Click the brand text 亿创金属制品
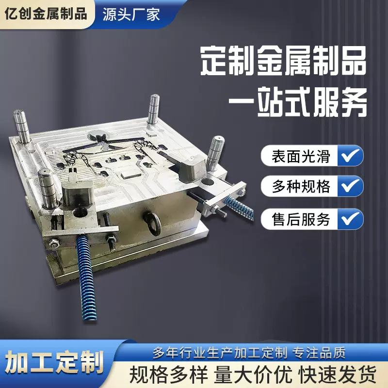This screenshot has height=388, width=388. point(46,14)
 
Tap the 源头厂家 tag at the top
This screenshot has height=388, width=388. point(131,14)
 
